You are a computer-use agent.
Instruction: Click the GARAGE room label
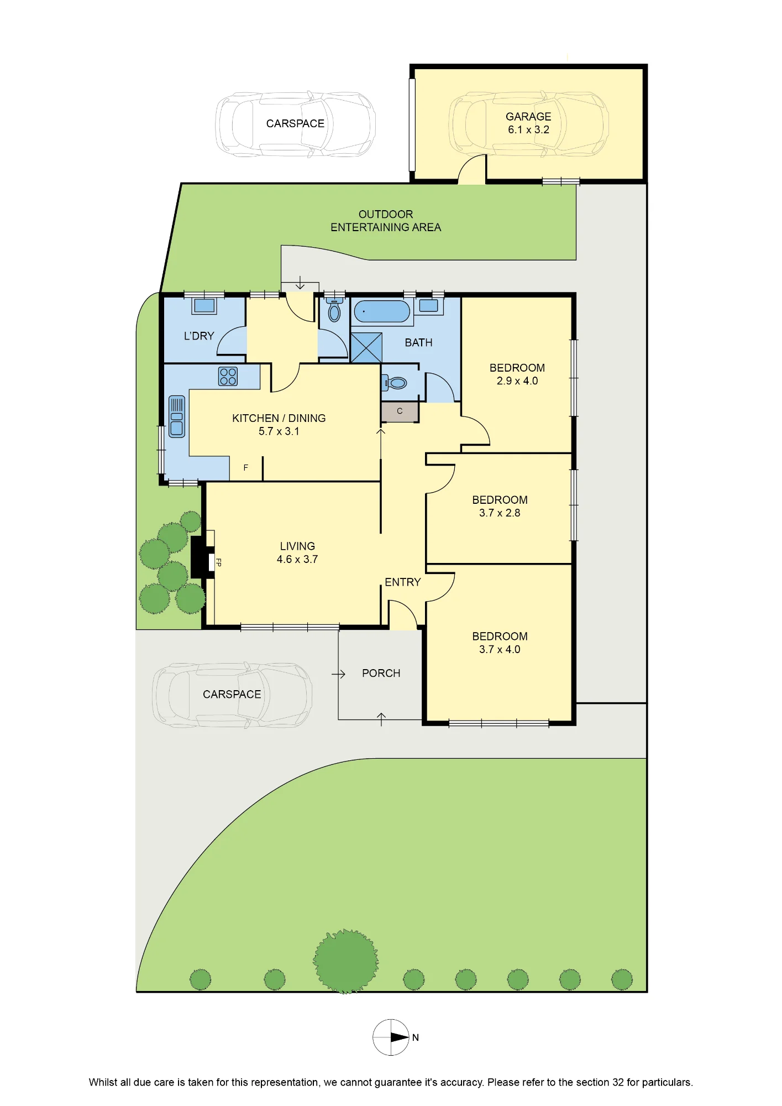pos(528,117)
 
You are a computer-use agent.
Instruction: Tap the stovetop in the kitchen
pos(228,377)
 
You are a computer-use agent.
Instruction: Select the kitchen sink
pos(177,416)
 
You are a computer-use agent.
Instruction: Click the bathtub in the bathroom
pos(382,311)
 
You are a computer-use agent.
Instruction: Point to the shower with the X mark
pos(366,348)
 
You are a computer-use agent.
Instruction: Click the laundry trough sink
pos(204,306)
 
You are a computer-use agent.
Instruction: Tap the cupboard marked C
pos(400,411)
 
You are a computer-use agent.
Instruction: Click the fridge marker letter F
pos(246,468)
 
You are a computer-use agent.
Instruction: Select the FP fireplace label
pos(218,562)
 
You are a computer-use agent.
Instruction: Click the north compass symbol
pos(391,1037)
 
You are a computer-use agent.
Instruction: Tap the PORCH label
pos(381,673)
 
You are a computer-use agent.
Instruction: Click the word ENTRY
pos(403,582)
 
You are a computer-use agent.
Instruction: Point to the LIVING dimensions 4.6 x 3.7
pos(297,560)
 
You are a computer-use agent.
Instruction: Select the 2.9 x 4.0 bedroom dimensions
pos(517,381)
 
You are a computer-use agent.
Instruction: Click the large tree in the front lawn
pos(346,961)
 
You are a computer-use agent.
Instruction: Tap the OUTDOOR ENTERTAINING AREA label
pos(386,221)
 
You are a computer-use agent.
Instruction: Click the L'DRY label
pos(199,336)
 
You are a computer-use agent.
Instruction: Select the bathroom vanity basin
pos(428,306)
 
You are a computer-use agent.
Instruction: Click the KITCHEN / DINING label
pos(279,419)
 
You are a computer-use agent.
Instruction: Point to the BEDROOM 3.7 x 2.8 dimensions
pos(500,513)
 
